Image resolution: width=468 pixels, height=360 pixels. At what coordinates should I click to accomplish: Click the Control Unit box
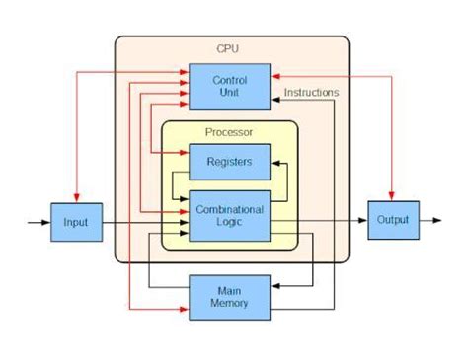coord(229,85)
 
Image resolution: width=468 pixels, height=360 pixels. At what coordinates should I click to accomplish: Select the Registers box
coord(229,162)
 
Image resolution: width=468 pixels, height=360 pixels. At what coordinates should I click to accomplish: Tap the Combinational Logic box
coord(229,215)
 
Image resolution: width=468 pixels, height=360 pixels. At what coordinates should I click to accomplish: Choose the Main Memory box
coord(229,296)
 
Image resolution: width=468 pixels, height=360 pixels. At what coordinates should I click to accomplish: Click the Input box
coord(76,222)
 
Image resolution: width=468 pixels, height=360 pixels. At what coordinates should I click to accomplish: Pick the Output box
coord(393,221)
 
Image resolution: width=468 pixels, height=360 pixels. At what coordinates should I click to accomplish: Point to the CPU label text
coord(228,48)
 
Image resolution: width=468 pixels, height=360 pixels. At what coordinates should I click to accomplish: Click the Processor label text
coord(229,132)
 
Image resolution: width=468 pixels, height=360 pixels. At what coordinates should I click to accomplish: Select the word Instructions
coord(311,93)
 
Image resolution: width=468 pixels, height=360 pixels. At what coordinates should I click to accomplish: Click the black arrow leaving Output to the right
coord(432,221)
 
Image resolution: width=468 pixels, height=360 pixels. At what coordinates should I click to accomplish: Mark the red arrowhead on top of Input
coord(76,197)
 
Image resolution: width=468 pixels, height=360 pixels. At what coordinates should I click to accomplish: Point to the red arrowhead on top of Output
coord(393,195)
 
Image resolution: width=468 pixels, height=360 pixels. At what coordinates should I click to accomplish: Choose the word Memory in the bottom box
coord(229,304)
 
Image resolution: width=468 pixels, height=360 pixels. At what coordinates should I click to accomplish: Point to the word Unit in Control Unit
coord(229,92)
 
